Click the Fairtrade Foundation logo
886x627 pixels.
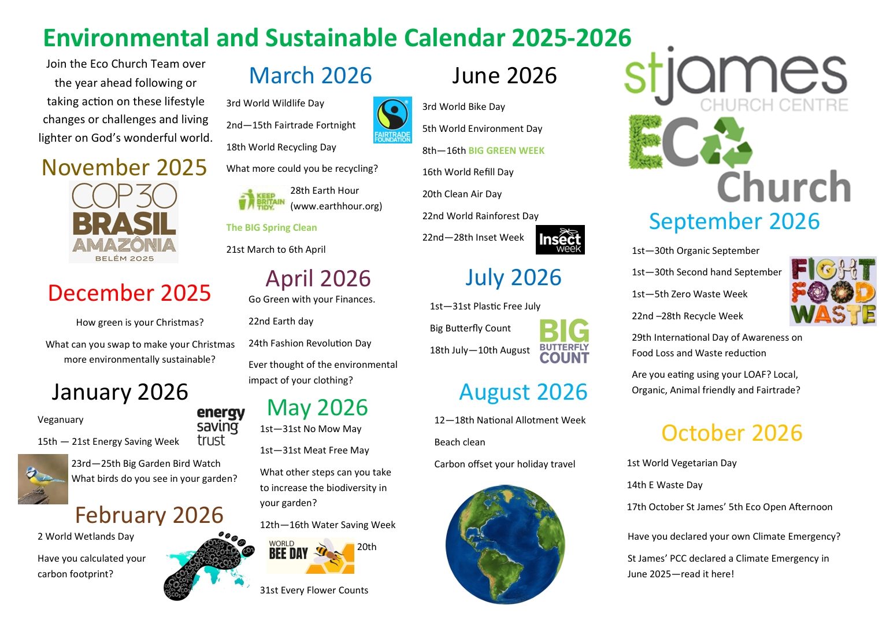392,120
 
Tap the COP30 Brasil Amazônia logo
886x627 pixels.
124,222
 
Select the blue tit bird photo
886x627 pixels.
43,479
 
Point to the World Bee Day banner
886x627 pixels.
310,556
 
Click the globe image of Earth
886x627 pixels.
505,544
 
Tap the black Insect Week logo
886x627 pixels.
560,240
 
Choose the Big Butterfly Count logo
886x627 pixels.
565,341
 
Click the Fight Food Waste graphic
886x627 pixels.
833,292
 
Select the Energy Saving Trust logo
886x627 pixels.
221,427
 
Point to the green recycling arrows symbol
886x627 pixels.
726,142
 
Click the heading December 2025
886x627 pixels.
129,293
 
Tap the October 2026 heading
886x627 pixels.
732,433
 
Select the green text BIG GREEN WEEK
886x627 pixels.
506,150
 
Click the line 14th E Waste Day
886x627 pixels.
665,485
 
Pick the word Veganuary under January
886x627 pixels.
61,420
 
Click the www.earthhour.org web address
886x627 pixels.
336,206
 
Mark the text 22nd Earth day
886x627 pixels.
281,322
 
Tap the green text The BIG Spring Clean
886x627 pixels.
271,227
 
